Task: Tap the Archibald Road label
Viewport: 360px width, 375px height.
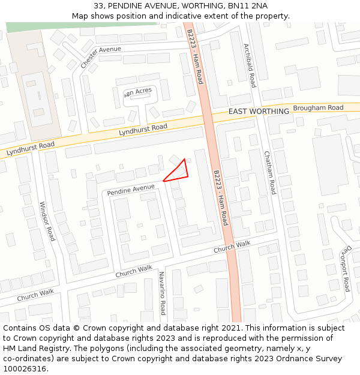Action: (249, 65)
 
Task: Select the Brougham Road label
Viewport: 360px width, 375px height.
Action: (318, 109)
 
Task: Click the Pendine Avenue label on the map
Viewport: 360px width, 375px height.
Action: (131, 190)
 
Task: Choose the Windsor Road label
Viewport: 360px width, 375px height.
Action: (47, 221)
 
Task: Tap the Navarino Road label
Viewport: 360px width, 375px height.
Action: (162, 293)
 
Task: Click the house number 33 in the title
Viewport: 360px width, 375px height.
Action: (99, 6)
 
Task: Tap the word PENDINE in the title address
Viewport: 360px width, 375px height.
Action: (130, 6)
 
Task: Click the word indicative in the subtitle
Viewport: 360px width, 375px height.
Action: (199, 16)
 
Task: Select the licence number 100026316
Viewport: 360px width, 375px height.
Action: (26, 369)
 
